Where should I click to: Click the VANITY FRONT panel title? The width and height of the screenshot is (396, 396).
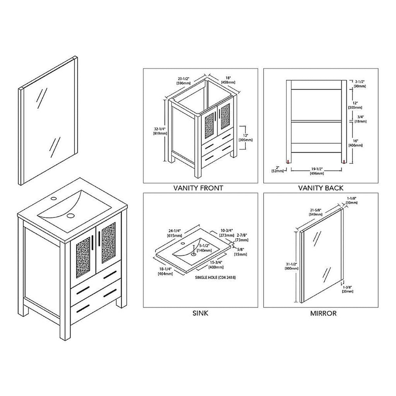(x=198, y=188)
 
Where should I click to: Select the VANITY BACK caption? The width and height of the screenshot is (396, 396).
(x=321, y=188)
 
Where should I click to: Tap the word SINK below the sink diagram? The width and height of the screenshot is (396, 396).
(x=200, y=313)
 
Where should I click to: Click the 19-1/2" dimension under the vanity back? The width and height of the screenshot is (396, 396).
(x=316, y=172)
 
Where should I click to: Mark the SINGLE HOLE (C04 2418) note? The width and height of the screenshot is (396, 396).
(x=215, y=278)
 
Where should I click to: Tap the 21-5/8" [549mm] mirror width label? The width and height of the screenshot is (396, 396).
(x=316, y=212)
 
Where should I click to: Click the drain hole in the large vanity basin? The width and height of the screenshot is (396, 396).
(x=70, y=216)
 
